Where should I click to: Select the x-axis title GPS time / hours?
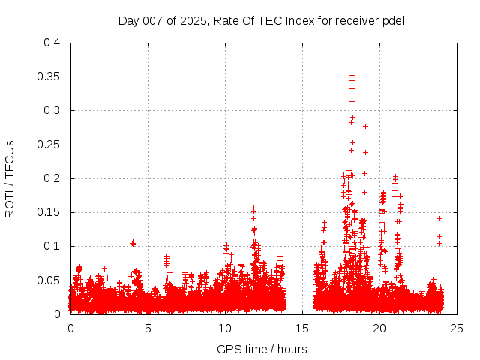(x=262, y=349)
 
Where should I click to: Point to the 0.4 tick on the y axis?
(x=51, y=43)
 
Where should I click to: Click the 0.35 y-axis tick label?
(x=48, y=76)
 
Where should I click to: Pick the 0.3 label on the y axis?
(x=51, y=110)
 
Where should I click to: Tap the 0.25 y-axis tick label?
(x=48, y=145)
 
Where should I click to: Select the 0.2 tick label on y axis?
(x=51, y=178)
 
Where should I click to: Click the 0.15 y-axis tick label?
(x=48, y=212)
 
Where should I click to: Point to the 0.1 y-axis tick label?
(x=51, y=246)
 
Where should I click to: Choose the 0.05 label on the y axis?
(x=48, y=280)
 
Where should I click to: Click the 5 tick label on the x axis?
(x=148, y=328)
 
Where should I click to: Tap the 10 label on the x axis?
(x=225, y=328)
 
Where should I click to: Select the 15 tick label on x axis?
(x=302, y=328)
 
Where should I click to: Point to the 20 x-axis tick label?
(x=379, y=328)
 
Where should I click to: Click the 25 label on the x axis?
(x=457, y=328)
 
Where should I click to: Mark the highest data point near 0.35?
(x=352, y=76)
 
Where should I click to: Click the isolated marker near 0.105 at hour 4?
(x=133, y=242)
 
